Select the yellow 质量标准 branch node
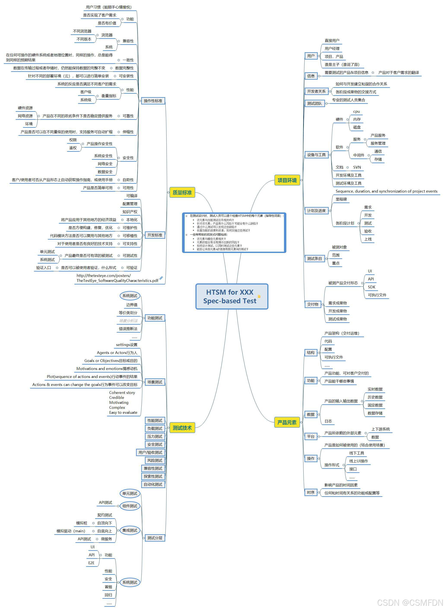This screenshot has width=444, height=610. pos(182,193)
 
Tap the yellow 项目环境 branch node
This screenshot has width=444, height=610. pos(287,180)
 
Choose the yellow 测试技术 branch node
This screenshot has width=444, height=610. pos(182,428)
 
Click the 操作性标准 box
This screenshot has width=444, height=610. pos(153,101)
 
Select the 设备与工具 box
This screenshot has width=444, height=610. pos(316,155)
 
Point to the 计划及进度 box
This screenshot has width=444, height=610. pos(316,211)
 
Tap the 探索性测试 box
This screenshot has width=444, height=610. pos(153,476)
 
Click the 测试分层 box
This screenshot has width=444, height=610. pos(155,538)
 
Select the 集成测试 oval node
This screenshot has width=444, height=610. pos(130,530)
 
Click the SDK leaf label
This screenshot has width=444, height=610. pos(371,287)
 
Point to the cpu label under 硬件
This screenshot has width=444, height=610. pos(356,112)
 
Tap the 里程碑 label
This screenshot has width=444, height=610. pos(341,199)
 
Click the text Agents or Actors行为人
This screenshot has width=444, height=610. pos(117,353)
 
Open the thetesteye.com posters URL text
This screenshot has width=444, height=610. pos(117,278)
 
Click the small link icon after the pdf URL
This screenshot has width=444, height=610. pos(161,278)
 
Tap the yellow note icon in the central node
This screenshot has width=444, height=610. pos(259,296)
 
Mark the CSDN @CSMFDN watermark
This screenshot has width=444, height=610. pos(410,602)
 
